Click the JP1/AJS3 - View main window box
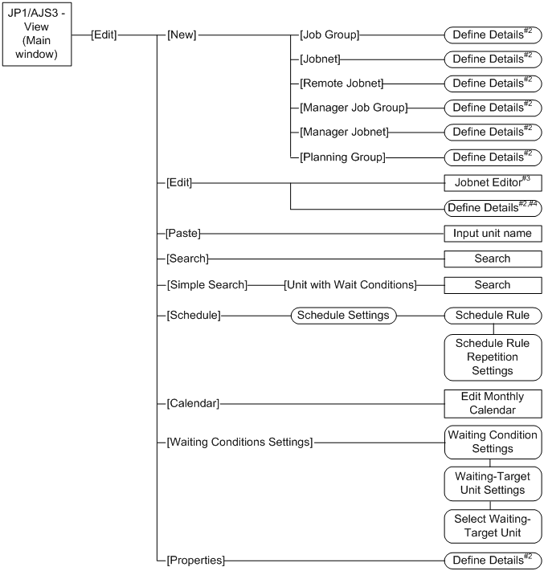pos(36,35)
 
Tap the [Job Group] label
pos(329,35)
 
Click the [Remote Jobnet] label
pos(341,83)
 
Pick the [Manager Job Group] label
pos(353,107)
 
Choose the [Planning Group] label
pos(342,156)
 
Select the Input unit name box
pos(493,234)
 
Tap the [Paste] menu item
pos(182,234)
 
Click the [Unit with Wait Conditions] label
pos(350,284)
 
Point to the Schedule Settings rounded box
pos(343,315)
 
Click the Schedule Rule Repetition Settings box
pos(493,357)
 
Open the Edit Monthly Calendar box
pos(493,402)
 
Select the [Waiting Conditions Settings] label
pos(239,441)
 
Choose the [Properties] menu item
pos(195,559)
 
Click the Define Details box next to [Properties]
pos(493,559)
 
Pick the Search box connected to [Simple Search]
pos(493,284)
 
